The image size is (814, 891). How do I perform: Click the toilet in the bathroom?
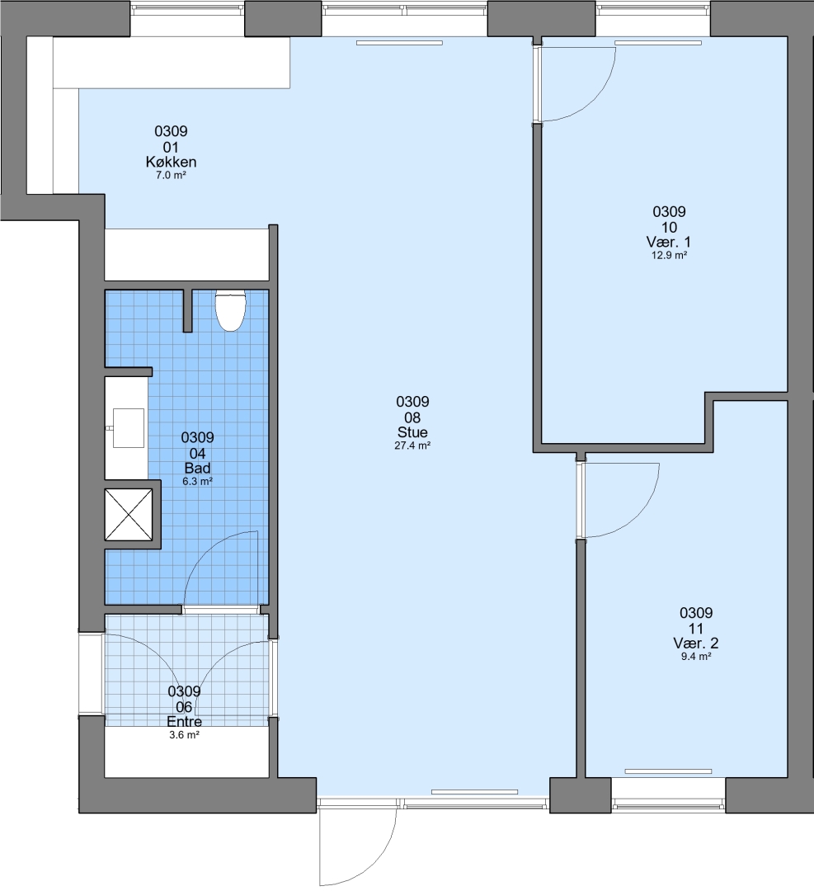[230, 310]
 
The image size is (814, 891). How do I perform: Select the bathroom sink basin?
[130, 428]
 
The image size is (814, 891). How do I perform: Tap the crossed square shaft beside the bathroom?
[129, 515]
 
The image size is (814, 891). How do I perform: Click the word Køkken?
[171, 162]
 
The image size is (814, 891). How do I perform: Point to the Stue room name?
[412, 432]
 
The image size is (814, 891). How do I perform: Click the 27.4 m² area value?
[412, 445]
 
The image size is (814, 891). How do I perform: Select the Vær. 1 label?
[669, 242]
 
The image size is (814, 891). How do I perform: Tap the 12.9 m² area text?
[669, 255]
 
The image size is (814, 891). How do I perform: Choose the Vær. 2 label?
[696, 643]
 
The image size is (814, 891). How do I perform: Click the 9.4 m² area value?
[696, 657]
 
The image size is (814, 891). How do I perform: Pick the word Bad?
[198, 469]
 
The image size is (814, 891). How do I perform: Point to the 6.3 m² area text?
[198, 481]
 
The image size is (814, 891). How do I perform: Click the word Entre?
[184, 722]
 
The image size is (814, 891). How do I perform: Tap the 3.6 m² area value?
[184, 735]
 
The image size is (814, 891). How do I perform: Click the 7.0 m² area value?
[171, 175]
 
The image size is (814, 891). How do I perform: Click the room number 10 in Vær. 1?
[669, 228]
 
